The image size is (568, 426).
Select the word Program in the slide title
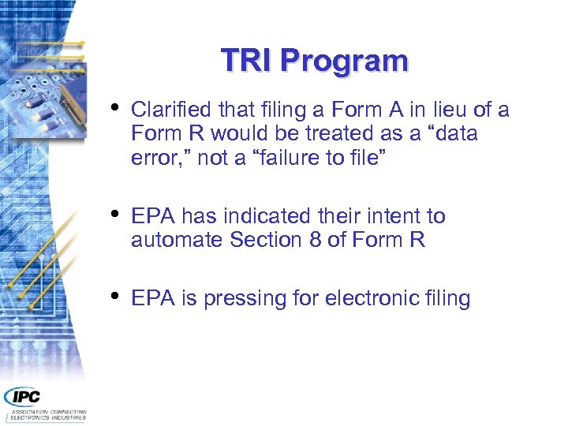click(344, 62)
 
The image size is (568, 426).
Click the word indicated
click(264, 216)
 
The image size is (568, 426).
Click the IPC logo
click(24, 396)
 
